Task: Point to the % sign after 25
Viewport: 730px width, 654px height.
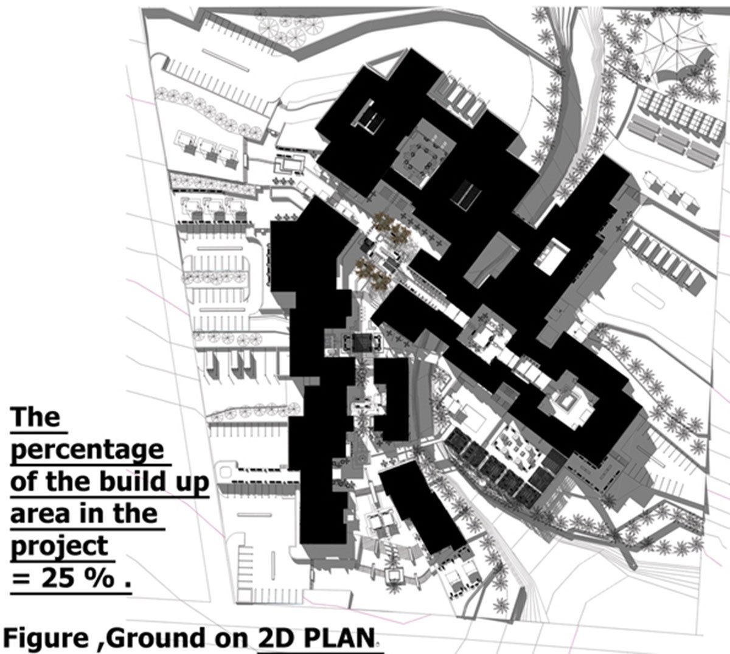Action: coord(99,579)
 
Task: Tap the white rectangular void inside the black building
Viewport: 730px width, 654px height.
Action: coord(552,256)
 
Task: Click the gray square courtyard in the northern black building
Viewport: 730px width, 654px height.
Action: coord(422,155)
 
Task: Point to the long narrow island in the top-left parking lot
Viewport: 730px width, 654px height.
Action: coord(225,60)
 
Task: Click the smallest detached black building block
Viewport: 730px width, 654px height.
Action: coord(391,399)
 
